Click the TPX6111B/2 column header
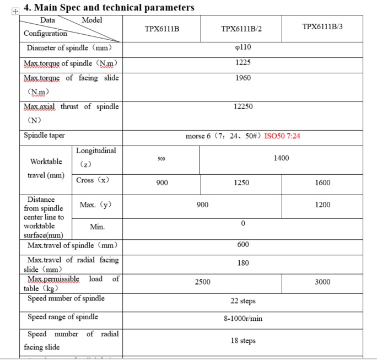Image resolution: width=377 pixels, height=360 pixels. click(241, 28)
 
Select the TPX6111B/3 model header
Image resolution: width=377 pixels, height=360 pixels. click(322, 26)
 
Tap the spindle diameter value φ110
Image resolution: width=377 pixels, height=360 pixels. click(243, 47)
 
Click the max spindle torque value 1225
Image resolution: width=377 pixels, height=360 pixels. click(243, 63)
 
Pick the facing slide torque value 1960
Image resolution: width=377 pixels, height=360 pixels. click(243, 78)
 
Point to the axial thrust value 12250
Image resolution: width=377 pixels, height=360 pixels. click(243, 106)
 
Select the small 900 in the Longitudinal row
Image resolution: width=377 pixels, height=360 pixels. click(161, 158)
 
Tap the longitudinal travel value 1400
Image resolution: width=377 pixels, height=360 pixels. click(281, 158)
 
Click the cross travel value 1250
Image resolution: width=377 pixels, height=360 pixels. click(241, 183)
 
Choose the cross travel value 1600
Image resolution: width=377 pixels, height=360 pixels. click(322, 183)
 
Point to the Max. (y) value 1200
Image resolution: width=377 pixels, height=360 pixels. click(322, 205)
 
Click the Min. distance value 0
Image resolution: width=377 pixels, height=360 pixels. click(243, 223)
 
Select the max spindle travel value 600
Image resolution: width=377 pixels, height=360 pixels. click(243, 245)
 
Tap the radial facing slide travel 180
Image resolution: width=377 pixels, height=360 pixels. click(243, 263)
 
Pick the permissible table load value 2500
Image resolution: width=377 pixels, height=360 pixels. click(202, 282)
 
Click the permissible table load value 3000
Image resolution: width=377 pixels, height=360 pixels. click(322, 282)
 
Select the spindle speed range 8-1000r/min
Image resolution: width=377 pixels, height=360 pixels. click(243, 318)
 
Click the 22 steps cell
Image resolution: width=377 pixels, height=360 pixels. click(243, 301)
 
